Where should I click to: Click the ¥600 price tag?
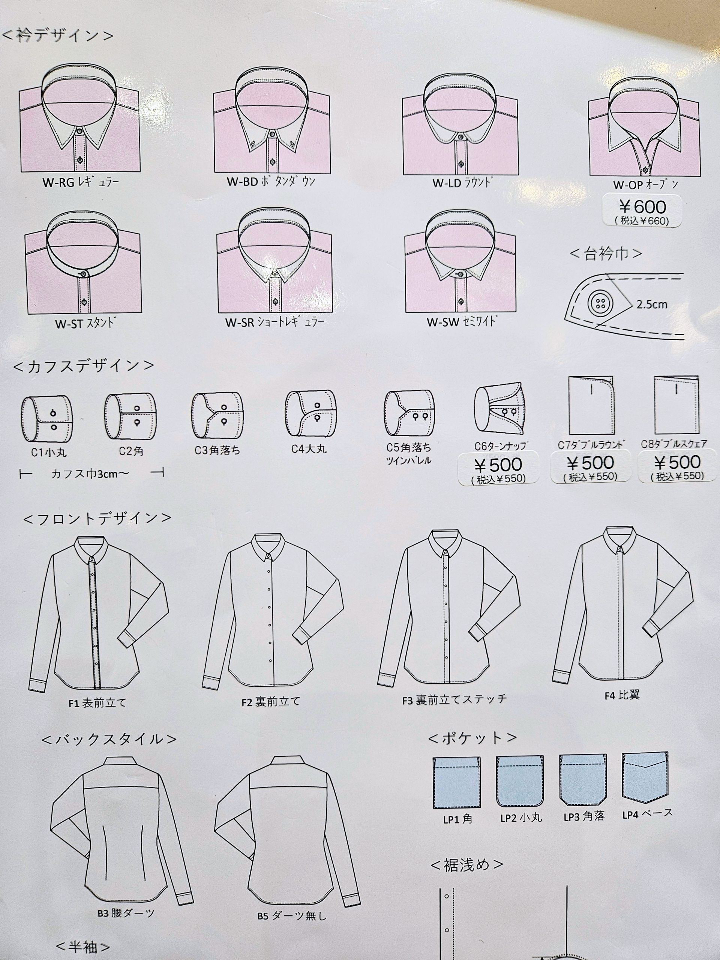point(642,210)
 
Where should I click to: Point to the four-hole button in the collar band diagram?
point(598,303)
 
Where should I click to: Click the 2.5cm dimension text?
point(651,304)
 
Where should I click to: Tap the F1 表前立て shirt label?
point(97,703)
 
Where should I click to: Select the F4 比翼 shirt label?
point(622,695)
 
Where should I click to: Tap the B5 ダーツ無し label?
point(292,916)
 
